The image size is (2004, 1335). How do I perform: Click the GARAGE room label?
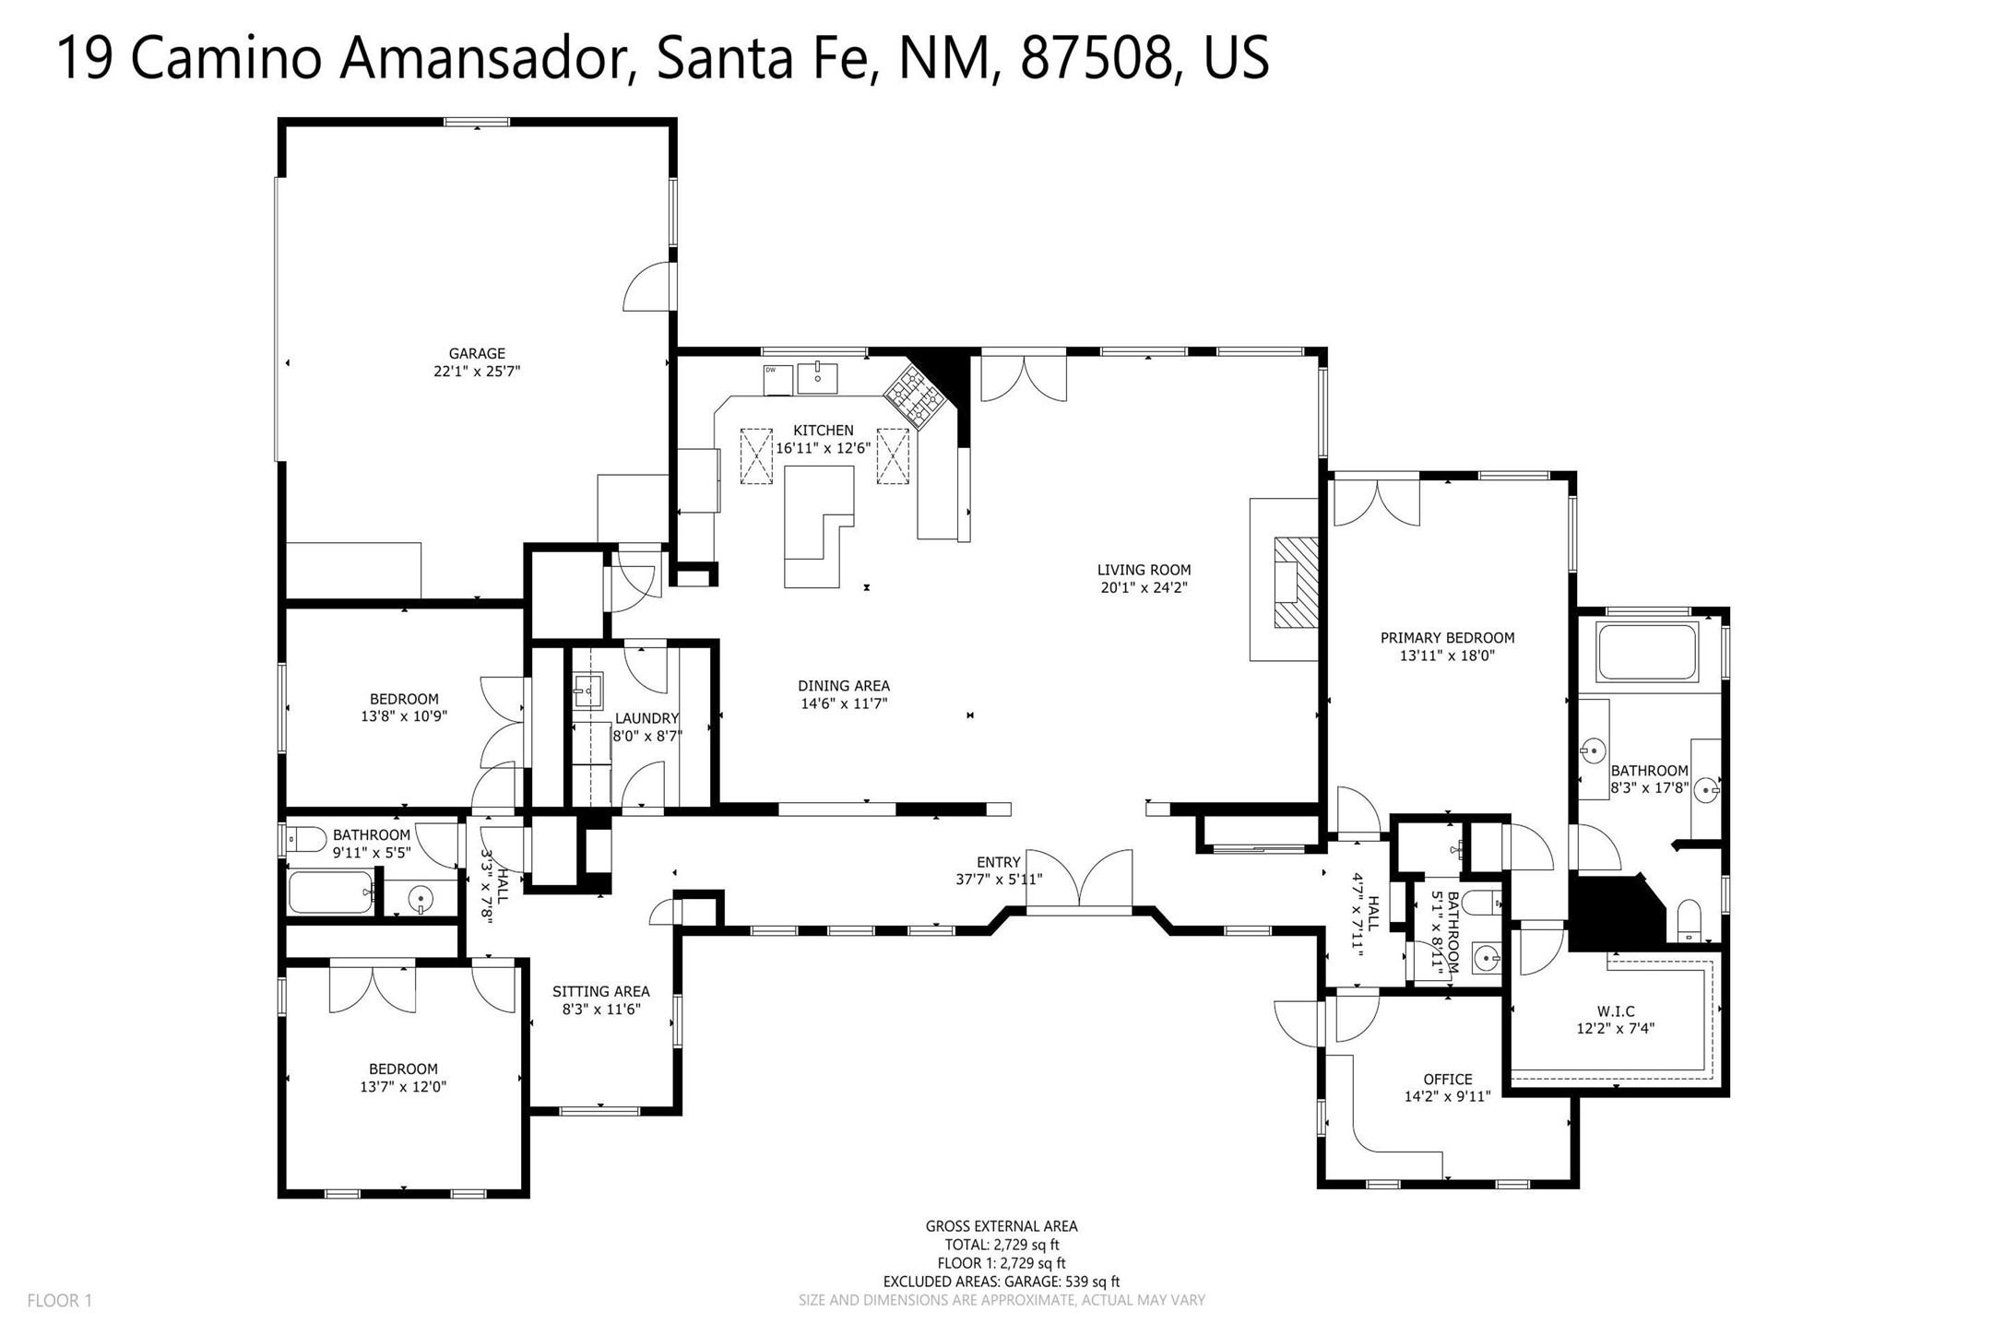477,353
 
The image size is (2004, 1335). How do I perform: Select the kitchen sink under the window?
817,378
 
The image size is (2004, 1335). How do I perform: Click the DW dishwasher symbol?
777,380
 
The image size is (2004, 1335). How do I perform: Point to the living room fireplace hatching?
1296,582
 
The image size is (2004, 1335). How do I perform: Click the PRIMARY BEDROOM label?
1447,638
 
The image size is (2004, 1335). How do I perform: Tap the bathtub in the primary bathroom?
1647,653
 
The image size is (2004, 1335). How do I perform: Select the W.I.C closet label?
1618,1011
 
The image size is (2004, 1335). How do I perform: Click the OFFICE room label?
1448,1079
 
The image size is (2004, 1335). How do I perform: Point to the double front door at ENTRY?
1079,882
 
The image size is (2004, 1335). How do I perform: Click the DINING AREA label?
844,686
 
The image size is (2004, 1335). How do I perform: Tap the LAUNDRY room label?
647,718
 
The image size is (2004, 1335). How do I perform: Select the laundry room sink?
587,689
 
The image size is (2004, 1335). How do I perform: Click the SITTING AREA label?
601,991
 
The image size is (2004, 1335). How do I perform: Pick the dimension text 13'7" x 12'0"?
403,1087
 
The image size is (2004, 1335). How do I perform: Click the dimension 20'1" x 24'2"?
1144,587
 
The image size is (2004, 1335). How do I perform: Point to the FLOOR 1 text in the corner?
60,1301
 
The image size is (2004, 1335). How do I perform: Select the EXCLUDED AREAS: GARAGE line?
1002,1282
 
